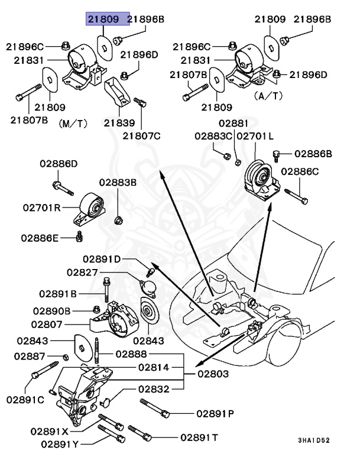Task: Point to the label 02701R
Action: pyautogui.click(x=41, y=207)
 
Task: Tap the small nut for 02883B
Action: pyautogui.click(x=118, y=220)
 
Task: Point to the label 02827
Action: pyautogui.click(x=82, y=273)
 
